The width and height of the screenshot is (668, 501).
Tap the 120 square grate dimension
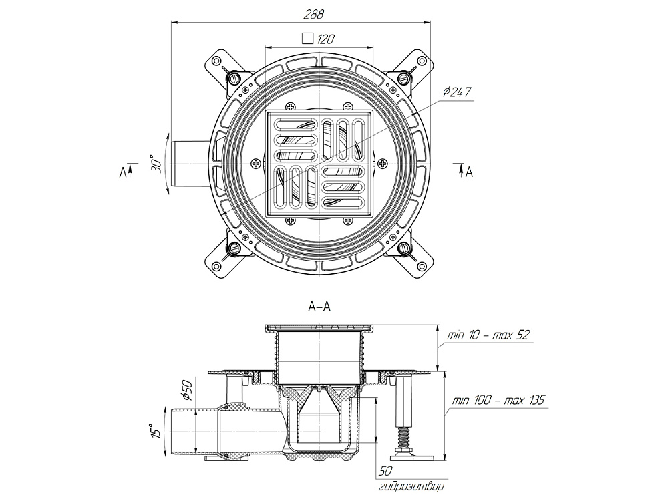325,39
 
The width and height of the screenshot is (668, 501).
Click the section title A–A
320,307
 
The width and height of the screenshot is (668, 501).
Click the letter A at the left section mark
123,172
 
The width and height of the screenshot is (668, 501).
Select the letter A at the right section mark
469,172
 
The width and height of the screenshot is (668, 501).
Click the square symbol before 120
308,39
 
